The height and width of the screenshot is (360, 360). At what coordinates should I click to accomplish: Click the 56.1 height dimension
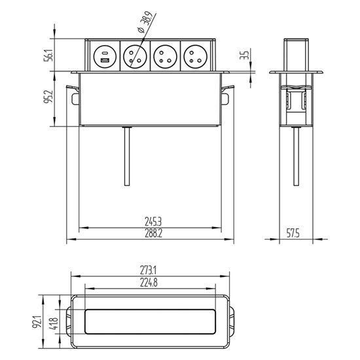pos(48,55)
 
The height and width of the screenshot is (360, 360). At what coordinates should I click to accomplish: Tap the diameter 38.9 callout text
pos(145,22)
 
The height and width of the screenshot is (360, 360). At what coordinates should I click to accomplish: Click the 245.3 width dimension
pos(153,222)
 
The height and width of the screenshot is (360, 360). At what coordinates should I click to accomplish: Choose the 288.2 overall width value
pos(153,233)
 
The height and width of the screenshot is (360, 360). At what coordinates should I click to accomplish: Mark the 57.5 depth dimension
pos(293,234)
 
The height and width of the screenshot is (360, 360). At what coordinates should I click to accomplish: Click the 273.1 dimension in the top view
pos(148,270)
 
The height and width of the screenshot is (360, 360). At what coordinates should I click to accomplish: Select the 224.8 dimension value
pos(149,283)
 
